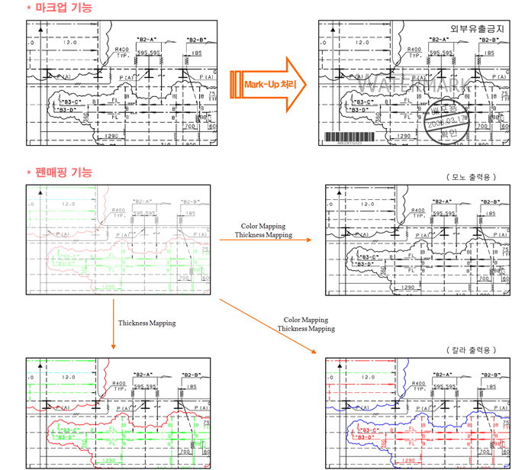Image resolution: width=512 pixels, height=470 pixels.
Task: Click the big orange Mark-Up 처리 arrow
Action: coord(267,85)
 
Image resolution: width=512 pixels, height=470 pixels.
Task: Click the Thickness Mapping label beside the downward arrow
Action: coord(147,323)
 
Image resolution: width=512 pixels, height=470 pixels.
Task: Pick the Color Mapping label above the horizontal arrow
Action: coord(263,226)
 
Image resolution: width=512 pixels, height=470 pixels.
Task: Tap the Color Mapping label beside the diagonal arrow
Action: coord(305,320)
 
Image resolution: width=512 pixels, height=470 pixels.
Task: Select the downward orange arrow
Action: coord(113,324)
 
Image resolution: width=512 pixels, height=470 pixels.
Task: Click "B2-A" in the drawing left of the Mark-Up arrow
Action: coord(146,40)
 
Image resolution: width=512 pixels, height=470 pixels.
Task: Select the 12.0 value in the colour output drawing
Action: coord(368,377)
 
